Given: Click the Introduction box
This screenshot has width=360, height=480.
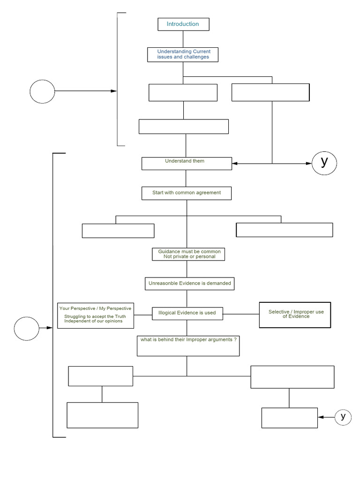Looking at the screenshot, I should pos(183,24).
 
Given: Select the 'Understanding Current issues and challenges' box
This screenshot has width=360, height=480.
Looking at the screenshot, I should pos(183,54).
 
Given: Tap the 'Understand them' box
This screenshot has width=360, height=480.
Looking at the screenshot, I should pos(187,163).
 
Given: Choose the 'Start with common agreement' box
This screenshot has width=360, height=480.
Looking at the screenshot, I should pos(187,193).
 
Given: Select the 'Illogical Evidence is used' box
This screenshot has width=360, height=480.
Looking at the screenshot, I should pos(187,313).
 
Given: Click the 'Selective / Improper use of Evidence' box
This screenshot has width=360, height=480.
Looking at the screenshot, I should pos(295,315).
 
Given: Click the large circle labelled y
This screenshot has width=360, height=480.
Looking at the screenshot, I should pos(324,163).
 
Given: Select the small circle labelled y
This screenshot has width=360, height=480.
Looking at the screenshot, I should pos(343,416).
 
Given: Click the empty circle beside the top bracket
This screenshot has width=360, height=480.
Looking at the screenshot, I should pos(42,91).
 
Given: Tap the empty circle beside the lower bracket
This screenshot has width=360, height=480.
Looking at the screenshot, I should pos(26,328).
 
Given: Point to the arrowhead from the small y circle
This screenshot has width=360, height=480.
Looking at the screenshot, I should pos(321,417).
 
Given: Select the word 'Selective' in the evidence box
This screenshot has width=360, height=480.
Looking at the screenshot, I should pos(279,312).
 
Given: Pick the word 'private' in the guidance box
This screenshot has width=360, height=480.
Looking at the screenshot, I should pos(179,257).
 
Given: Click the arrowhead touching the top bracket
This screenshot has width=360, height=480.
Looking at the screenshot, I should pos(113,91).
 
